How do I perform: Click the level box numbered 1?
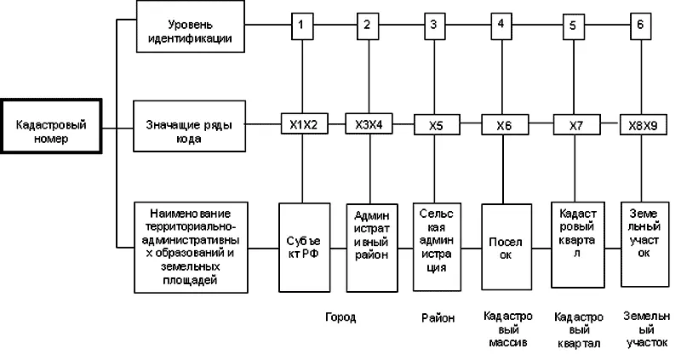[x=300, y=25]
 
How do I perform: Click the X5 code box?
[x=435, y=126]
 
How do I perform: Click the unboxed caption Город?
[x=340, y=317]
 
